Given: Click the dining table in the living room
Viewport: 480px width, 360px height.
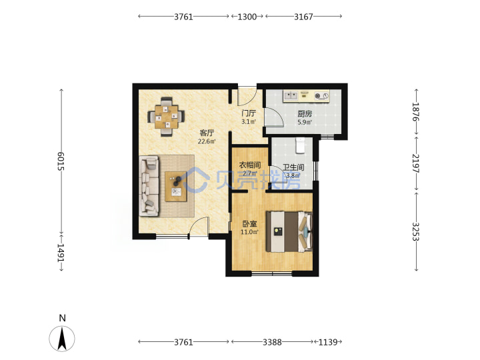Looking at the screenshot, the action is [166, 117].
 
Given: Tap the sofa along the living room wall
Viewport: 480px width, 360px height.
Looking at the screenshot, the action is [149, 186].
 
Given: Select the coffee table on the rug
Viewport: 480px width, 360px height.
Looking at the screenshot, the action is [176, 187].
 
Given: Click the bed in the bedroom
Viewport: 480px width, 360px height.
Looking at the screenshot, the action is [289, 231].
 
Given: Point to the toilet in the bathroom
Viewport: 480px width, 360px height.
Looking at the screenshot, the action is [300, 145].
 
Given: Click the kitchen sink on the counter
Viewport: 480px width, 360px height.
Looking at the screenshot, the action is [291, 96].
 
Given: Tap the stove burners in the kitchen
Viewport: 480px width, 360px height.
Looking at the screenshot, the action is [321, 96].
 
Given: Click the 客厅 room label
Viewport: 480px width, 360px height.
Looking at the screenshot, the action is [207, 133].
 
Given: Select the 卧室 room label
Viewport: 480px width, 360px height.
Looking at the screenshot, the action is [249, 224].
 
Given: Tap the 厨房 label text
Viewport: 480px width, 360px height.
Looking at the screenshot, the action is [305, 114].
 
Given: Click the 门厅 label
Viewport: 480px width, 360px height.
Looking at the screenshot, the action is [249, 113].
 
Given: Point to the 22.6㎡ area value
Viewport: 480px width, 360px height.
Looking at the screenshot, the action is [207, 141].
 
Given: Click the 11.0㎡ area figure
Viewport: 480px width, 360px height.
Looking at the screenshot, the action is [249, 232].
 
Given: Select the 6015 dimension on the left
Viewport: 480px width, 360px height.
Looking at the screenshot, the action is [61, 161].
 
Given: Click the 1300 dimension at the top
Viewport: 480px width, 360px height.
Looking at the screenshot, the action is [247, 17].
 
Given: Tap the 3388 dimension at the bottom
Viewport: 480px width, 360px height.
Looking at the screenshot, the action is [272, 342].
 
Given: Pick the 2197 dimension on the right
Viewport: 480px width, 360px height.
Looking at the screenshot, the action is [416, 163].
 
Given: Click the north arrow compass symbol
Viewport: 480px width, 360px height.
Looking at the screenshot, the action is [62, 338].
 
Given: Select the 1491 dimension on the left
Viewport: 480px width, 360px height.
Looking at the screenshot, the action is [61, 253].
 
